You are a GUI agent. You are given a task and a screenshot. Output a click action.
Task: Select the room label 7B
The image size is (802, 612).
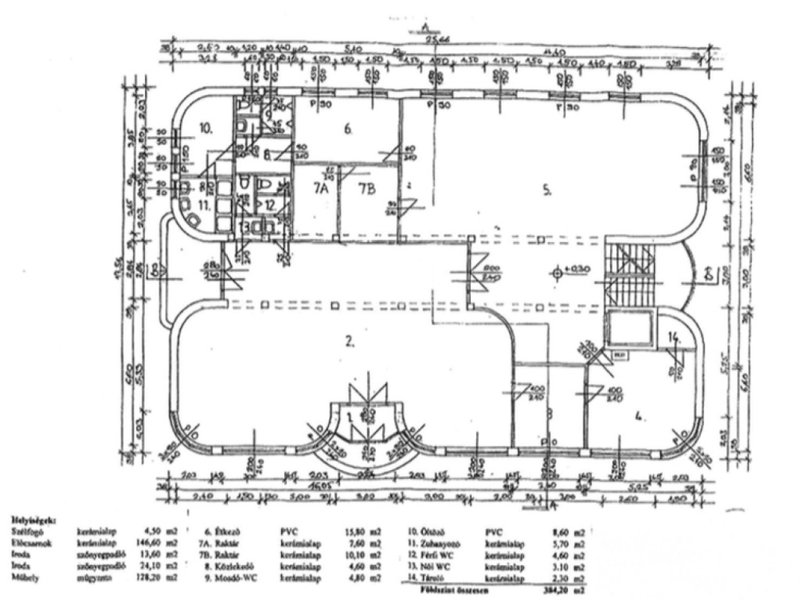pyautogui.click(x=367, y=188)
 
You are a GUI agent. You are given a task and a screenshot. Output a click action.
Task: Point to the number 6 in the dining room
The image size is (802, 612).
pyautogui.click(x=349, y=130)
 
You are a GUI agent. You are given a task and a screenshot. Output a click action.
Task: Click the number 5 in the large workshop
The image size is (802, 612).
pyautogui.click(x=548, y=189)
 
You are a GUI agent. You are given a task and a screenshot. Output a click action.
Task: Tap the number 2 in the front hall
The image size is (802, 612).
pyautogui.click(x=350, y=341)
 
